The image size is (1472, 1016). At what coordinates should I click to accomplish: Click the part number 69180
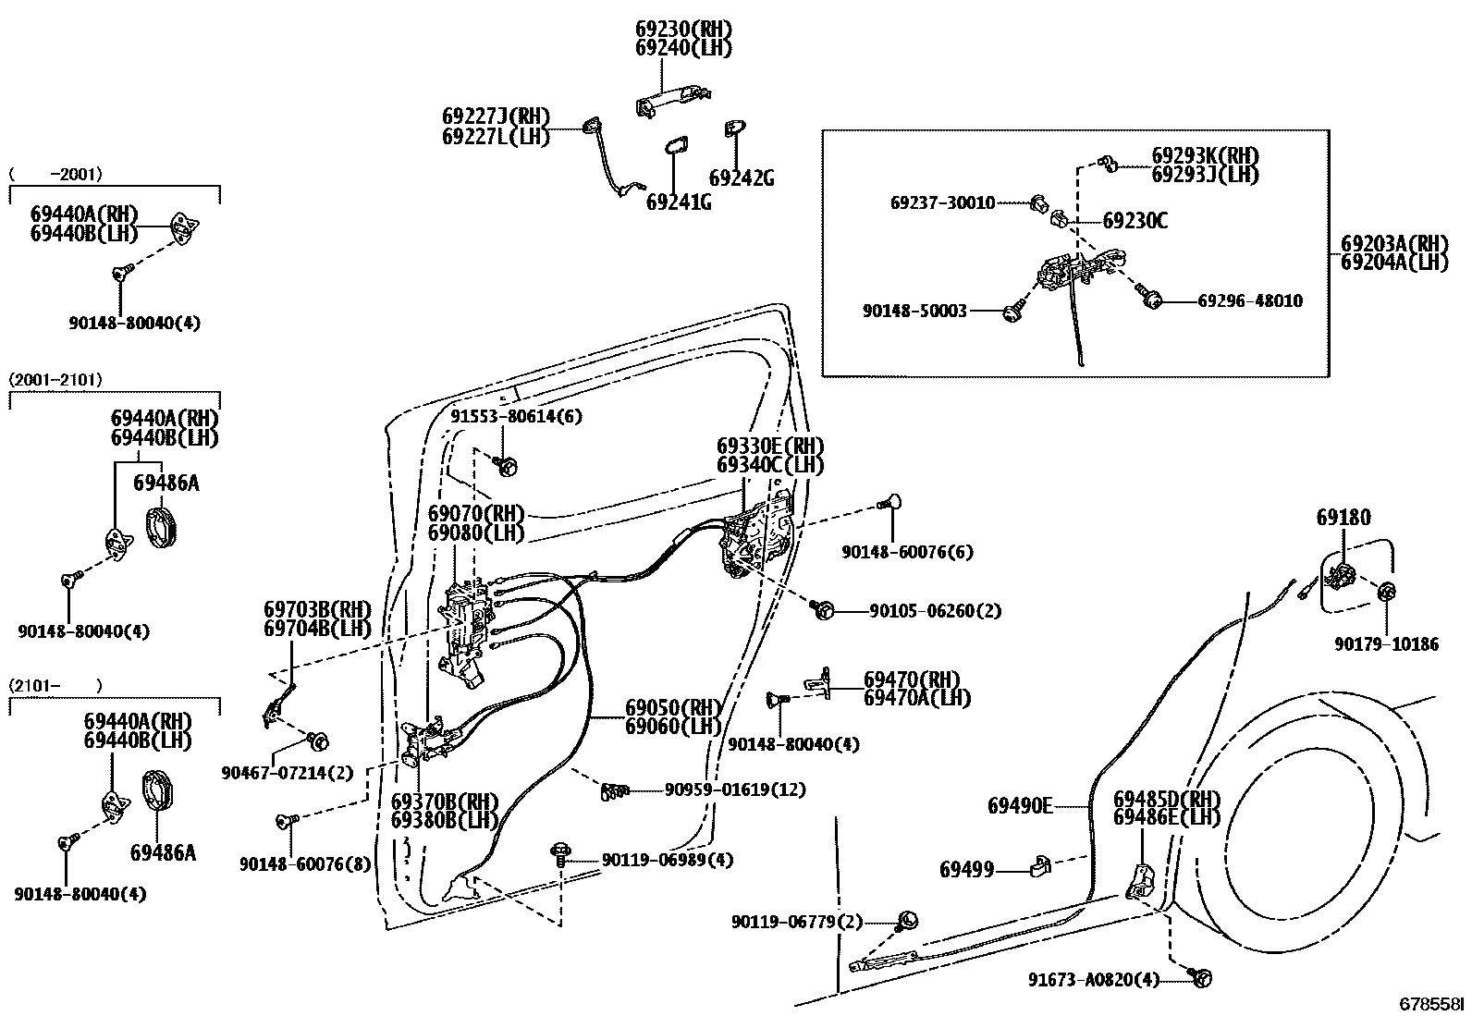1343,518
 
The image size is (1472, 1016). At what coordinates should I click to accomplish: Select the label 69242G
742,177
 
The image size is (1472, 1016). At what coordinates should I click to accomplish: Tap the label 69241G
679,202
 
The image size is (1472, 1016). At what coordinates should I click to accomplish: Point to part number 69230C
1135,221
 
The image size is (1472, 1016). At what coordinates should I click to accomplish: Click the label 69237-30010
943,202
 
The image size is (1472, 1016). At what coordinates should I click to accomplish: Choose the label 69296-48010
1250,300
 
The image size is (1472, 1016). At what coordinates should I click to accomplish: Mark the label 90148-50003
914,312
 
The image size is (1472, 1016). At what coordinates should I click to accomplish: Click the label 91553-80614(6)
517,416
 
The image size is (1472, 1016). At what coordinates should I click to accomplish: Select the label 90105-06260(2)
935,611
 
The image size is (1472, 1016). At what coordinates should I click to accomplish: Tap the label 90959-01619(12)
735,790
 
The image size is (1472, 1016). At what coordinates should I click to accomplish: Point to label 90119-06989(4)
667,860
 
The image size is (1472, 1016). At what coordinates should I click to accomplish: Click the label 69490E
1020,806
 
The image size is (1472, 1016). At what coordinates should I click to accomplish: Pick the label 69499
967,869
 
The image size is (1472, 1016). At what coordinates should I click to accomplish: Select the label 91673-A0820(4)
1094,980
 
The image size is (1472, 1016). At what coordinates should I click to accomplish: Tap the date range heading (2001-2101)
55,379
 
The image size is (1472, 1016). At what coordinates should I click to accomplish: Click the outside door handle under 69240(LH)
672,101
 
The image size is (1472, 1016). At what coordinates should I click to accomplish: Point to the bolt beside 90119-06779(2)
908,920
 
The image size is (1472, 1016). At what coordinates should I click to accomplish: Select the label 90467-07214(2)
288,772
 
